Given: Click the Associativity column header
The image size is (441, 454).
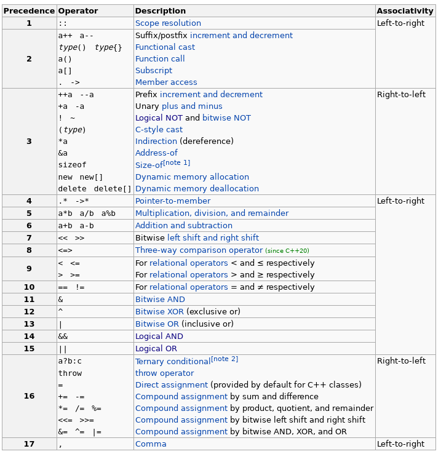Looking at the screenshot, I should (x=405, y=11).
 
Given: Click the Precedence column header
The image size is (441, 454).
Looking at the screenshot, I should (x=29, y=11).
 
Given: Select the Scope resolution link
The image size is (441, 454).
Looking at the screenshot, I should (x=168, y=23).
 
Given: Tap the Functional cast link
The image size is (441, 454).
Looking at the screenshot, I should (x=165, y=47).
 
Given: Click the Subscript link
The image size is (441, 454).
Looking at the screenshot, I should (x=154, y=71).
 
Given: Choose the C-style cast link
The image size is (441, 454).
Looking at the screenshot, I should (x=159, y=130).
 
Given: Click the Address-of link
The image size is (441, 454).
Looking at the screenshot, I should (x=156, y=153).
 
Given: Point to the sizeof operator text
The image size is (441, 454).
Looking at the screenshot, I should (x=72, y=165).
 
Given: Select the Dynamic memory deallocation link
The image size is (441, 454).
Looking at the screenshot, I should (x=197, y=189).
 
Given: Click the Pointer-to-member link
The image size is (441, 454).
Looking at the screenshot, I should (x=173, y=201).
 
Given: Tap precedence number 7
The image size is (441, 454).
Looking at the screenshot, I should (x=29, y=238).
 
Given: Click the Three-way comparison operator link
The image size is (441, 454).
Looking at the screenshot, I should (x=199, y=250).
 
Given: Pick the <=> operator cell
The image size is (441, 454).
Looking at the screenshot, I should (x=65, y=250).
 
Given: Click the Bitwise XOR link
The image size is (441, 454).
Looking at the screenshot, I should (x=159, y=312).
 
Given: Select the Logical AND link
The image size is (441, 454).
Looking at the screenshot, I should (x=159, y=337).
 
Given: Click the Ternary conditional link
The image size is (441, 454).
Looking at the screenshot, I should (x=173, y=362).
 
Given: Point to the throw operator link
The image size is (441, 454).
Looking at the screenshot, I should (x=164, y=373).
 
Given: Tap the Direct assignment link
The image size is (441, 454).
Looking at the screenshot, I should (x=172, y=385).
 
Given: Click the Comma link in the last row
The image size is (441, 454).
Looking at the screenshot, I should (x=151, y=444).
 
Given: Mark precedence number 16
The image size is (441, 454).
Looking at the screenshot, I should (x=29, y=396).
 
